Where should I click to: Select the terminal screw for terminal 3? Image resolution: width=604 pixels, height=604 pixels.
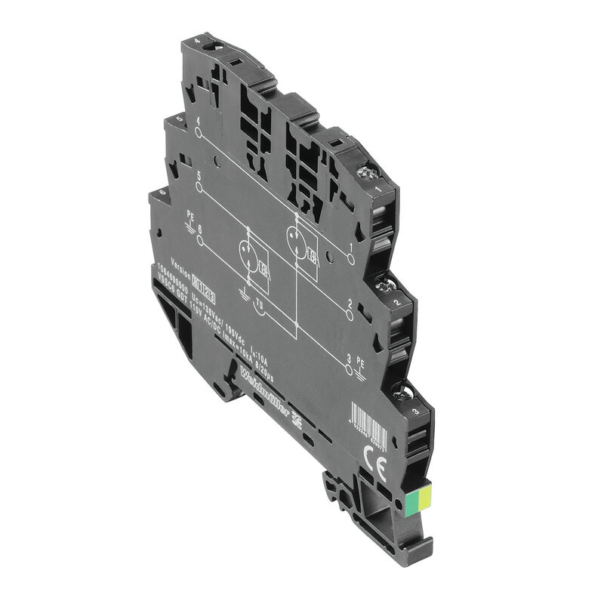pyautogui.click(x=402, y=393)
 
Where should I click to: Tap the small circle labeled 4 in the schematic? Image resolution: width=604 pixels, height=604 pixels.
pyautogui.click(x=199, y=133)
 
